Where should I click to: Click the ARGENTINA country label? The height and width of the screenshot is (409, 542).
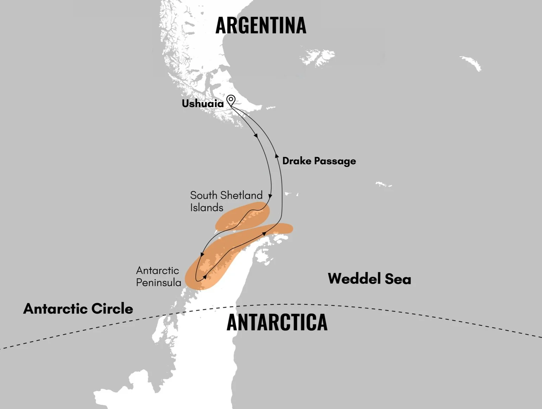pyautogui.click(x=260, y=25)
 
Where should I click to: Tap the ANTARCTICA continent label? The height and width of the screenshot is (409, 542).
pyautogui.click(x=277, y=322)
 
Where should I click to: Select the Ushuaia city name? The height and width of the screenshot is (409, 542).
pyautogui.click(x=202, y=103)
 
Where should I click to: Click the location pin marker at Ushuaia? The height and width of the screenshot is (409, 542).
pyautogui.click(x=231, y=100)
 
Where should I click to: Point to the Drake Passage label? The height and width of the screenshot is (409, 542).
pyautogui.click(x=319, y=161)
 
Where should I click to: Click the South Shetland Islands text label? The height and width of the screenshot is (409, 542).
pyautogui.click(x=226, y=201)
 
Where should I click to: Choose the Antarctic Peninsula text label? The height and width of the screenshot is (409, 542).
pyautogui.click(x=159, y=276)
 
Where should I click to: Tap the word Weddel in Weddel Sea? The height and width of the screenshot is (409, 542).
pyautogui.click(x=354, y=278)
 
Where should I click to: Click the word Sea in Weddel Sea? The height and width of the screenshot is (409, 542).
pyautogui.click(x=398, y=279)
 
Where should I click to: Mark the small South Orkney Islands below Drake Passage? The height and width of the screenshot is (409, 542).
pyautogui.click(x=383, y=184)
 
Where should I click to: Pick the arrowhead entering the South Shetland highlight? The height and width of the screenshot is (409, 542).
pyautogui.click(x=270, y=196)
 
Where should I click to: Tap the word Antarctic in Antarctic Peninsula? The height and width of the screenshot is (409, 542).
pyautogui.click(x=157, y=270)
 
